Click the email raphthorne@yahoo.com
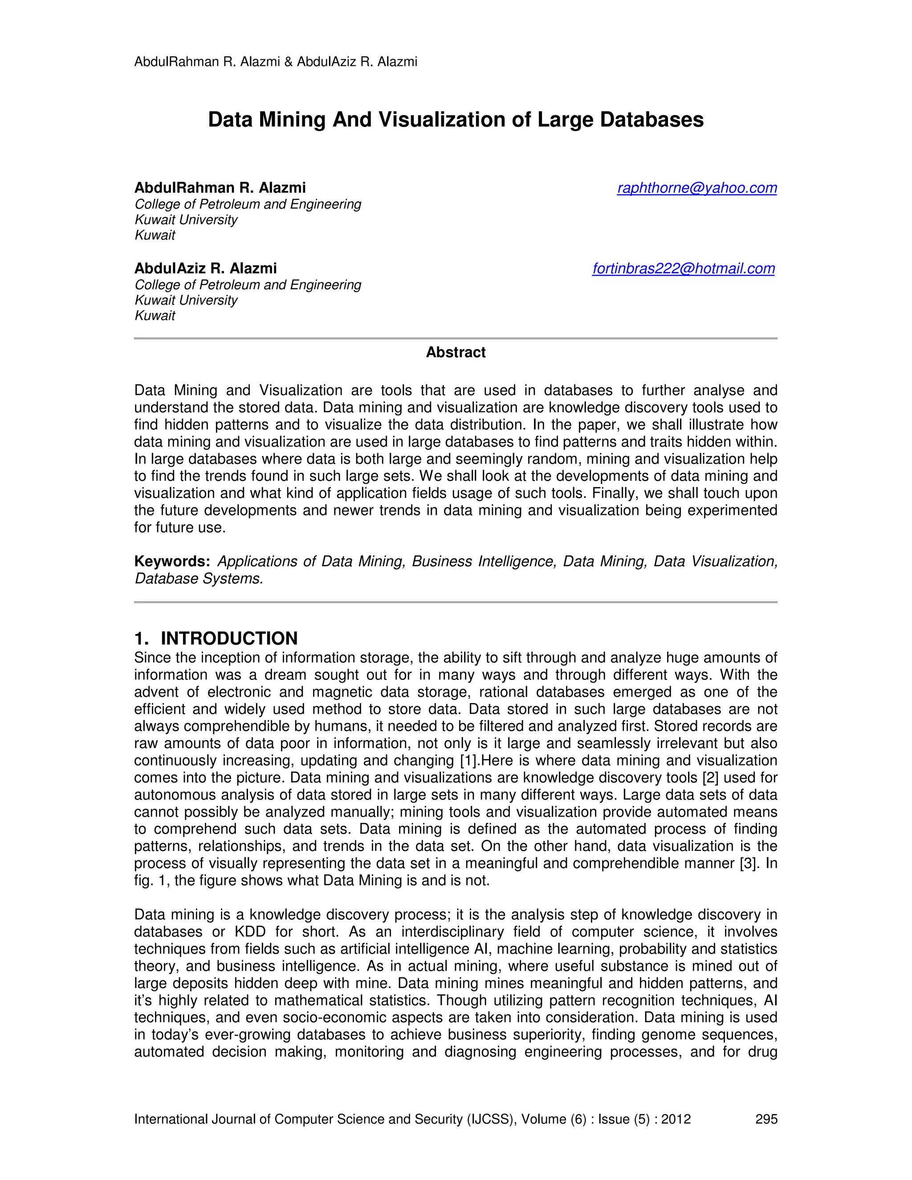coord(696,188)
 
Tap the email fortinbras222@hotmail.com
coord(683,269)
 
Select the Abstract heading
coord(456,352)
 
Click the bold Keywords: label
coord(172,562)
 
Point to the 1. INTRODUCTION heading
coord(216,638)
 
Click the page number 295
coord(765,1119)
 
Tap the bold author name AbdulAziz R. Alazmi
coord(205,269)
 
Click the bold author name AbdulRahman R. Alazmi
coord(220,188)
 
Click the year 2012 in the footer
coord(676,1119)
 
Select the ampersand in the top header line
coord(288,62)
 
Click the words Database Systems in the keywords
coord(198,579)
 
